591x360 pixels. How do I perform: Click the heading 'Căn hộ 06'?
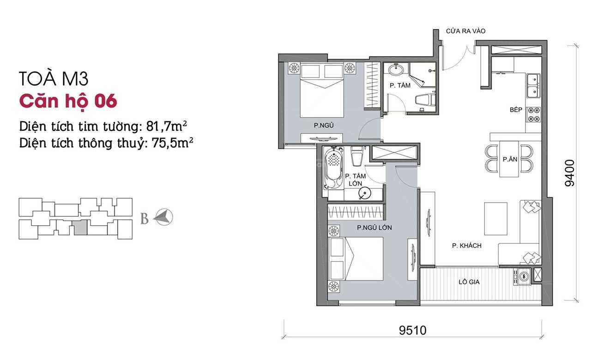[x=68, y=101]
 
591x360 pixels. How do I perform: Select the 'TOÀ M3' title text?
[x=54, y=79]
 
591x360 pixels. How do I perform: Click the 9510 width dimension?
[x=412, y=330]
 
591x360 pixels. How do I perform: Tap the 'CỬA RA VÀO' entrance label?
[x=465, y=31]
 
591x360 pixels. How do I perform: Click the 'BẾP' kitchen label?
[x=516, y=110]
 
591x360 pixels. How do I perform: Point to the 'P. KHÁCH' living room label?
[x=467, y=246]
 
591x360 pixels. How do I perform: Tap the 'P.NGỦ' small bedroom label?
[x=324, y=125]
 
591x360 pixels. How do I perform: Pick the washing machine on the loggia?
[x=524, y=276]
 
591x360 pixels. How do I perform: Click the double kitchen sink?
[x=533, y=84]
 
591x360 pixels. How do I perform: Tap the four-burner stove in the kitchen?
[x=533, y=114]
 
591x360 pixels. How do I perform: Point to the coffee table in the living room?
[x=495, y=215]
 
